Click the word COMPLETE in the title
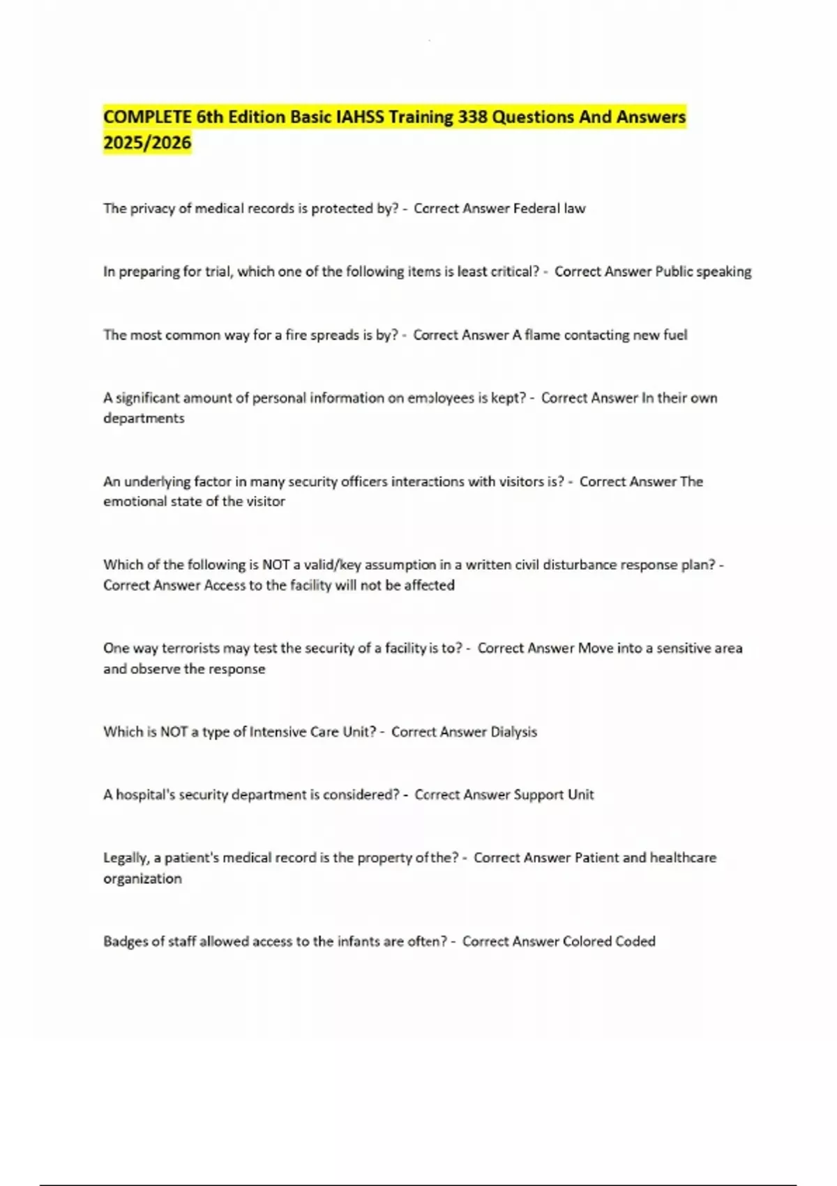tap(147, 117)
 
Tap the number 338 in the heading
tap(472, 117)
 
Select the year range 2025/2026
tap(147, 143)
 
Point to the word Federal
tap(536, 209)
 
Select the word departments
tap(144, 419)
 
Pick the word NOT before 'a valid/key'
tap(276, 565)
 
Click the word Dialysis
tap(514, 732)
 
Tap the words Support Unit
tap(554, 795)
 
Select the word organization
tap(142, 879)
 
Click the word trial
tap(218, 271)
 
